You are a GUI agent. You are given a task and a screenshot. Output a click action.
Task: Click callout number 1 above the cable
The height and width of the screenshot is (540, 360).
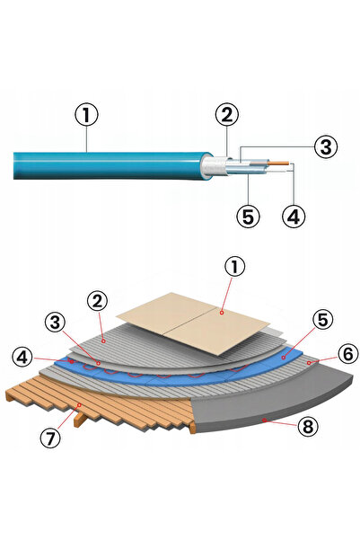[86, 116]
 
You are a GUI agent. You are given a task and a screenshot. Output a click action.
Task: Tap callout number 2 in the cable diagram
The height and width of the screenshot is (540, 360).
[227, 115]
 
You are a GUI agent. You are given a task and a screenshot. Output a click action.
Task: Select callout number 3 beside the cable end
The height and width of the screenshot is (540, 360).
[326, 146]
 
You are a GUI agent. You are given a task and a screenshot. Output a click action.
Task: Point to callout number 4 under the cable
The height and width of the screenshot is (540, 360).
[294, 217]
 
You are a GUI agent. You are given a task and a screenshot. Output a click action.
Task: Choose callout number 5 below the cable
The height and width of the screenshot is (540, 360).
[248, 217]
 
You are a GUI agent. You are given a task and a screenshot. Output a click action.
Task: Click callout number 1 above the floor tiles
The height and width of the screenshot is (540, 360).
[234, 268]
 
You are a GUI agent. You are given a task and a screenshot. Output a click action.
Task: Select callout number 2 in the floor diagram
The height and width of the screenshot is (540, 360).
[97, 301]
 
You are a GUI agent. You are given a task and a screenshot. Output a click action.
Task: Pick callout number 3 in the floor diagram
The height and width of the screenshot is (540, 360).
[55, 323]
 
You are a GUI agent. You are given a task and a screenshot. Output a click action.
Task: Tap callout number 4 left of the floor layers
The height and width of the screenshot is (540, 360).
[22, 358]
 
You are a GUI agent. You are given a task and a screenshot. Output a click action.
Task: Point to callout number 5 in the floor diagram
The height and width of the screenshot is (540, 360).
[323, 320]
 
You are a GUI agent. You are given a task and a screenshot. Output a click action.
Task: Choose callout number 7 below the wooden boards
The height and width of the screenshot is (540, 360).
[50, 438]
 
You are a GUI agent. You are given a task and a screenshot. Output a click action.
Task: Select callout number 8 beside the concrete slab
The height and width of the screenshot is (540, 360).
[308, 427]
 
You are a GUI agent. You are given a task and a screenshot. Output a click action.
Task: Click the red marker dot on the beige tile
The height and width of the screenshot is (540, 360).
[222, 313]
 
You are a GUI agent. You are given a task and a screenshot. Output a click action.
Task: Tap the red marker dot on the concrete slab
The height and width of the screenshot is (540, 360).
[264, 420]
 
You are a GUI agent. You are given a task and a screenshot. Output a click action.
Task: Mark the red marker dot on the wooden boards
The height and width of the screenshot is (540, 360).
[80, 405]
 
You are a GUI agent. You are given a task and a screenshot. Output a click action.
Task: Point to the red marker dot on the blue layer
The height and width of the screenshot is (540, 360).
[284, 358]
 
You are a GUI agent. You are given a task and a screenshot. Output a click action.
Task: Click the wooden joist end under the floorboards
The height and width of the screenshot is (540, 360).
[79, 420]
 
